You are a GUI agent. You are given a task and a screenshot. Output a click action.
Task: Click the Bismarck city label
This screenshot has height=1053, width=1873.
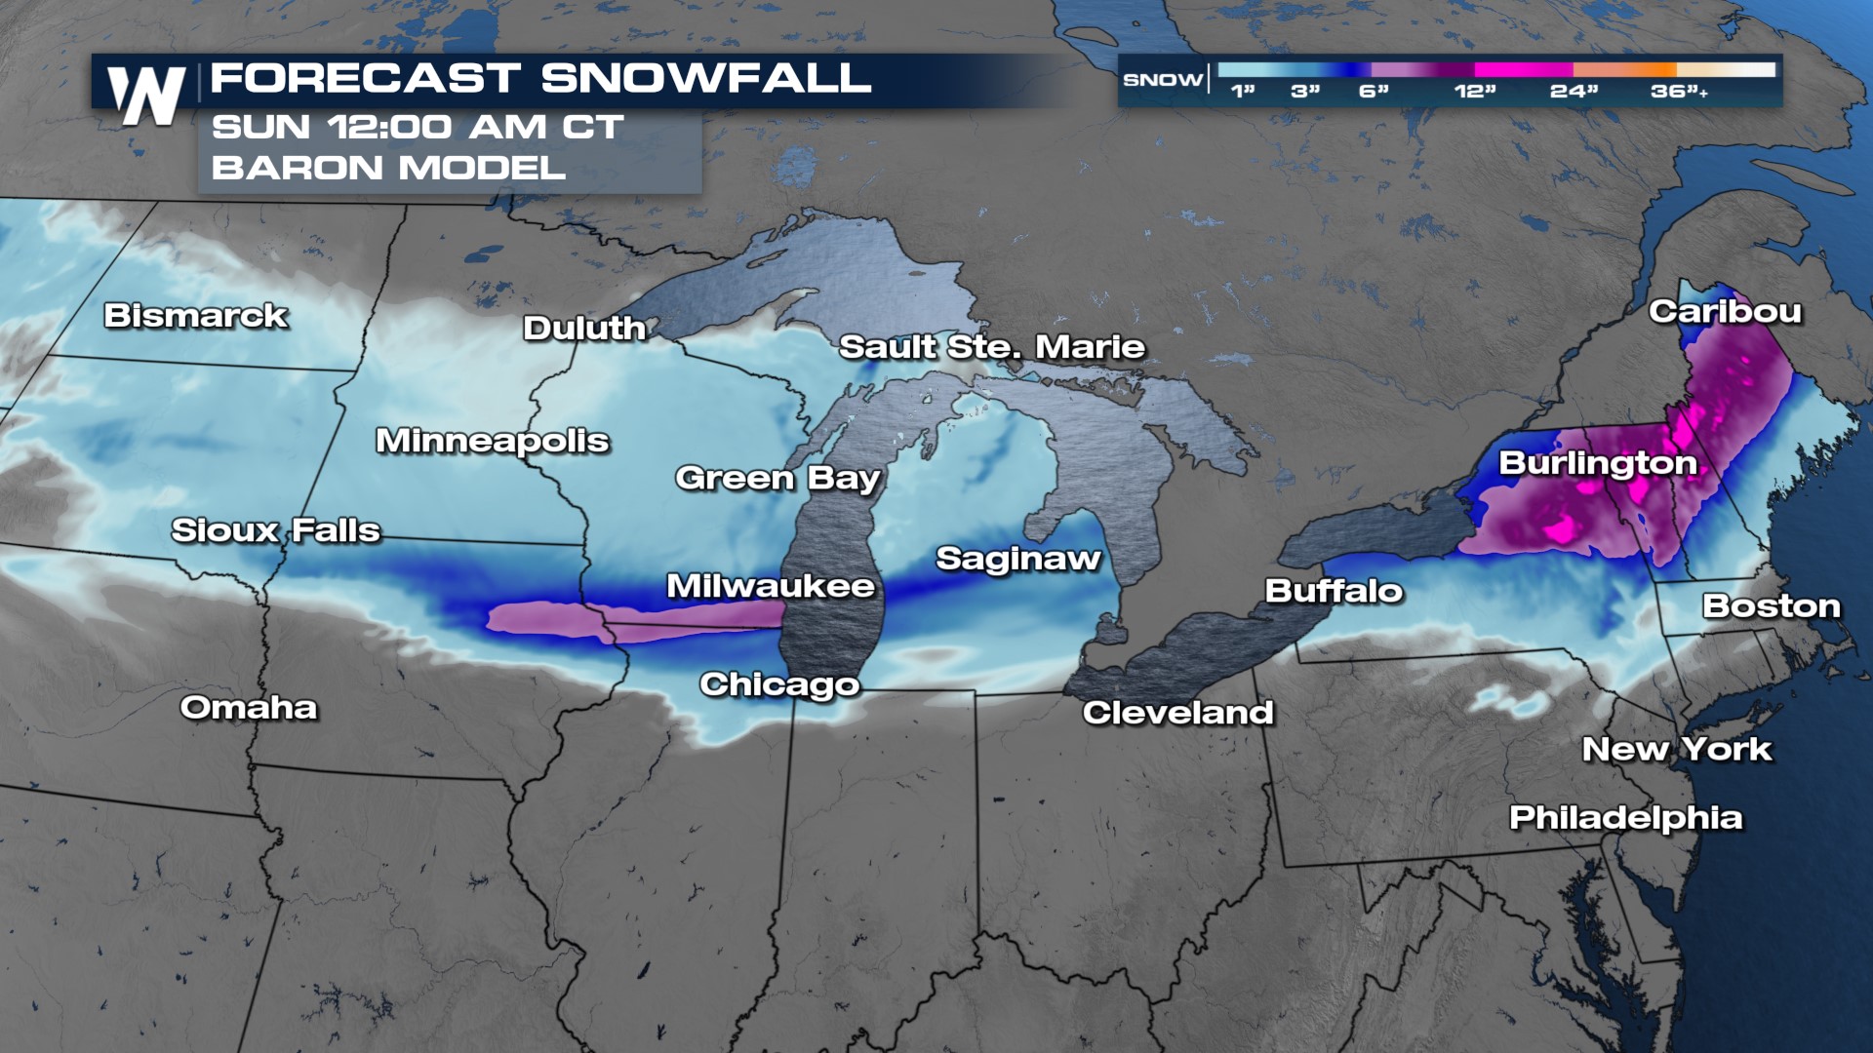coord(196,316)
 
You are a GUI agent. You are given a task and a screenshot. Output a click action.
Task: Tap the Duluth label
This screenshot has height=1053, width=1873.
coord(584,329)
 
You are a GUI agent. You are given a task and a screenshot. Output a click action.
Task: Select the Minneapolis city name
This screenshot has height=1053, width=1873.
coord(493,442)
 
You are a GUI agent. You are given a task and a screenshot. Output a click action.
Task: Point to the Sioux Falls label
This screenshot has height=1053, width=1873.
coord(276,530)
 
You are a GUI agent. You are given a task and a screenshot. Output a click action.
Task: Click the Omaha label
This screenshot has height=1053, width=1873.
coord(249,708)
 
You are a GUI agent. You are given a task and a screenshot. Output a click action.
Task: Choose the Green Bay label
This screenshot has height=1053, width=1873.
coord(777,479)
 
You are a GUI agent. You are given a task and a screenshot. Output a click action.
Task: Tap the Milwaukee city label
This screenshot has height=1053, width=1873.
coord(771,586)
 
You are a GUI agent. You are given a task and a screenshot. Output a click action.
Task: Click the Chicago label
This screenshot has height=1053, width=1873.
coord(779,684)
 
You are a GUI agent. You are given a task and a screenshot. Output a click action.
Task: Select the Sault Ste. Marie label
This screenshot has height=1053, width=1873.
coord(992,347)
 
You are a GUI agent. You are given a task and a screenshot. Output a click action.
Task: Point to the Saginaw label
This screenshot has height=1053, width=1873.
coord(1017,559)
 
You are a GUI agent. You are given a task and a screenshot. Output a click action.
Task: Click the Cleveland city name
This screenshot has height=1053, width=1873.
coord(1177,713)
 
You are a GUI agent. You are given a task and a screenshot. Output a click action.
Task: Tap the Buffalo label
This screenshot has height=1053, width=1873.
coord(1334,591)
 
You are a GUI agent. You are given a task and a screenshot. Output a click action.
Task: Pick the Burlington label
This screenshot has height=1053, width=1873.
coord(1597,463)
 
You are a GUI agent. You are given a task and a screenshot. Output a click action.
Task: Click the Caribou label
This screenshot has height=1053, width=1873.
coord(1725,312)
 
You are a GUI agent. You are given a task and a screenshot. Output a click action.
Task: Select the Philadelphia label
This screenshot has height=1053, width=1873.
coord(1625,818)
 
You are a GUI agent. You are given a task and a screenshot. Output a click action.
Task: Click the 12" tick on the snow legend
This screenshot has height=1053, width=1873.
coord(1474,92)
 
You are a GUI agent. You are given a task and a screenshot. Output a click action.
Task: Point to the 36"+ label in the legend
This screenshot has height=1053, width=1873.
coord(1679,92)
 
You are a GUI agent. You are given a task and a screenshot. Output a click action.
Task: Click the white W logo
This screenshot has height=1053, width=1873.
coord(146,96)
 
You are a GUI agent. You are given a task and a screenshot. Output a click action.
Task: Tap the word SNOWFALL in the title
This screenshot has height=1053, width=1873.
coord(705,78)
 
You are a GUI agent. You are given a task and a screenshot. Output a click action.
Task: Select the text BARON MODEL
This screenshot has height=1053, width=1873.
coord(388,168)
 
